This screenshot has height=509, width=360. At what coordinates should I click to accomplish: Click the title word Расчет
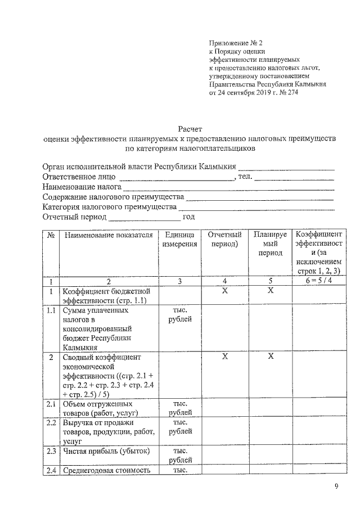click(x=190, y=129)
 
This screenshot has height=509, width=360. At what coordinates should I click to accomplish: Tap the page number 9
click(x=336, y=487)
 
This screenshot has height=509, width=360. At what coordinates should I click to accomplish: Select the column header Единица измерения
click(x=180, y=240)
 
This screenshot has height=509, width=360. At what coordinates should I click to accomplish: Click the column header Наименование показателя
click(x=109, y=235)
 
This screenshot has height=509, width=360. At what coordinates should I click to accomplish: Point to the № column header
click(x=51, y=235)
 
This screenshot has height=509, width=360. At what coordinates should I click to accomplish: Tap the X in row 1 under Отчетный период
click(x=224, y=291)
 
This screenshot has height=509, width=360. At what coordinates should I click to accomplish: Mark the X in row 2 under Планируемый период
click(x=270, y=357)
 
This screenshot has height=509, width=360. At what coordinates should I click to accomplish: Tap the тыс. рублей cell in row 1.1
click(x=180, y=314)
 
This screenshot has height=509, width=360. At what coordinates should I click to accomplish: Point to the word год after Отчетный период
click(x=189, y=217)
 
